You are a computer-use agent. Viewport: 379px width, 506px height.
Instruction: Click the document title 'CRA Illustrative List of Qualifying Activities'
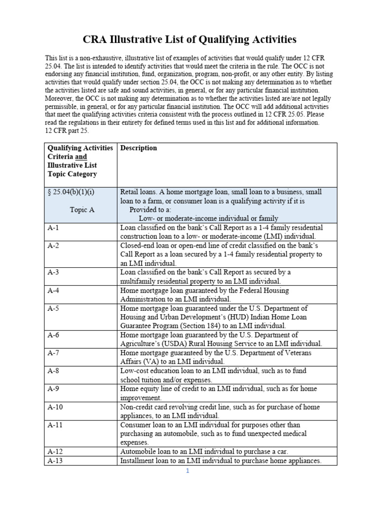pos(189,39)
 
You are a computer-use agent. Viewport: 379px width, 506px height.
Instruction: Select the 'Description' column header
pos(139,148)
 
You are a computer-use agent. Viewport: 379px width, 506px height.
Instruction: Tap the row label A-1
pos(53,228)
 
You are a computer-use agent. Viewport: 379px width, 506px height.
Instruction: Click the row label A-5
pos(53,308)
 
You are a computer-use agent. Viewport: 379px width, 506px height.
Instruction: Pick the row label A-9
pos(53,388)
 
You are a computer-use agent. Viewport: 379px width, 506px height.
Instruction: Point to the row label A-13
pos(55,461)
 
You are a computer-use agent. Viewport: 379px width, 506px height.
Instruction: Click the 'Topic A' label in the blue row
pos(82,210)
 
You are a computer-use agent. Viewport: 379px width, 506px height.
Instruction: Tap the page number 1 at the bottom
pos(188,471)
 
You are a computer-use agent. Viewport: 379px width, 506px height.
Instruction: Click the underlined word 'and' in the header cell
pos(81,157)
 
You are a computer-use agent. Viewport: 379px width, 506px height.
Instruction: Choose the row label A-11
pos(55,424)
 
